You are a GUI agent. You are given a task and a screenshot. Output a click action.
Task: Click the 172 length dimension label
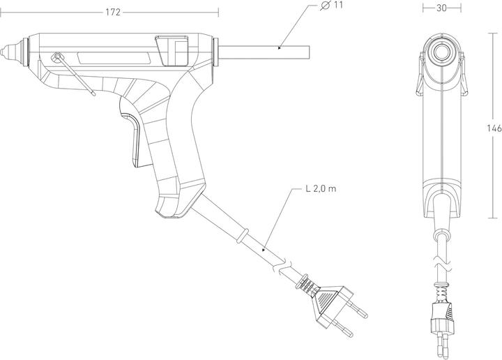click(112, 12)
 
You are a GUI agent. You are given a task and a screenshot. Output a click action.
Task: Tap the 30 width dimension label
click(441, 8)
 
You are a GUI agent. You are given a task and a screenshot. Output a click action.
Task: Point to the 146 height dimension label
click(493, 128)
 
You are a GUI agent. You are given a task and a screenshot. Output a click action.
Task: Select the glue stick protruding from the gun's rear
click(265, 51)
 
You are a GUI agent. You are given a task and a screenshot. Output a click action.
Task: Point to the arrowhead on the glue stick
click(279, 48)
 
